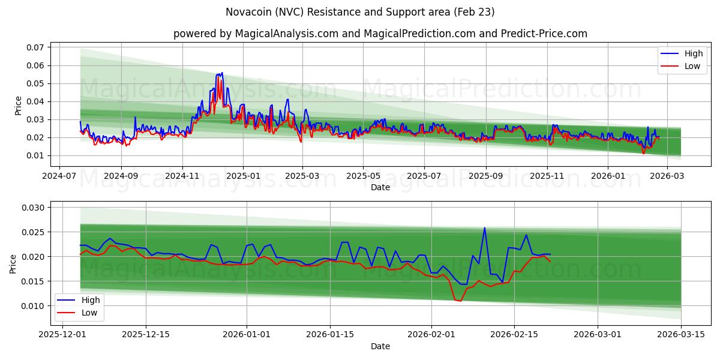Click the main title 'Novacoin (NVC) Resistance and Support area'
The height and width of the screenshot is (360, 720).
[x=360, y=12]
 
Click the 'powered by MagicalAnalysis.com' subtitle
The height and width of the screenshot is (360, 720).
[x=380, y=34]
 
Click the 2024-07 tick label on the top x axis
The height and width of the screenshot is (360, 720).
[x=59, y=176]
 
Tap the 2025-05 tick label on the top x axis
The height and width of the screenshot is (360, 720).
[x=362, y=176]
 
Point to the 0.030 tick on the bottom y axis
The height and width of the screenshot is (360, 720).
[x=34, y=208]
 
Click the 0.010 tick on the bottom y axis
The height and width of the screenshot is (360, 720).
[x=34, y=306]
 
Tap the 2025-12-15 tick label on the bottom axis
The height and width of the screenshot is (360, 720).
[x=145, y=335]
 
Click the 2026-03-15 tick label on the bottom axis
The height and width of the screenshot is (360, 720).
[x=681, y=335]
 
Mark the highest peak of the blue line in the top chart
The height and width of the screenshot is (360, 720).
[x=222, y=73]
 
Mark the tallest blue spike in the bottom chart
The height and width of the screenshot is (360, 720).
[x=484, y=227]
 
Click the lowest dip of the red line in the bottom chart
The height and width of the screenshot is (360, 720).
[x=460, y=301]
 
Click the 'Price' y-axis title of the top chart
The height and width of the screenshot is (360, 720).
[x=18, y=106]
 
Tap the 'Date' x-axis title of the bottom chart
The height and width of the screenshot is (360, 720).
[x=380, y=346]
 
